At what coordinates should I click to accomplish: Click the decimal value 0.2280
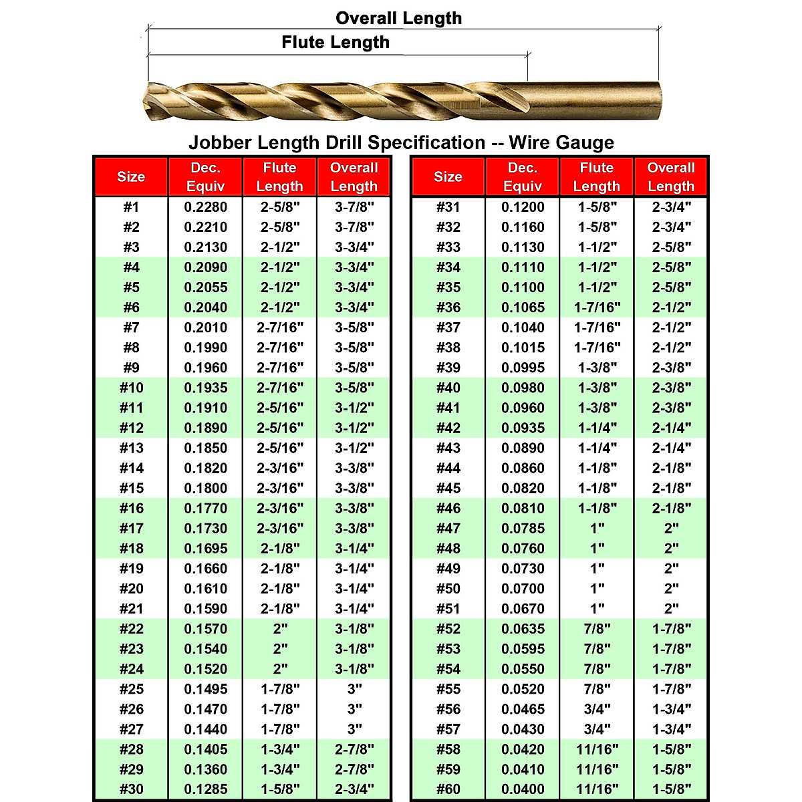click(x=205, y=207)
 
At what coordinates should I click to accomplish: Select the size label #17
click(x=131, y=529)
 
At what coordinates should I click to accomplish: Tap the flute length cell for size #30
click(x=280, y=789)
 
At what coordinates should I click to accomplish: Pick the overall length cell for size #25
click(x=354, y=689)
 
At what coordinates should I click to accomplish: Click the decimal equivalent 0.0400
click(x=523, y=789)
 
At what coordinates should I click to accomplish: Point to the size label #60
click(x=448, y=789)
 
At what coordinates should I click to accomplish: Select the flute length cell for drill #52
click(x=597, y=629)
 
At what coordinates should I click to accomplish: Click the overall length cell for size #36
click(x=671, y=307)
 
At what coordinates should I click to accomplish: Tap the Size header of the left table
click(x=131, y=177)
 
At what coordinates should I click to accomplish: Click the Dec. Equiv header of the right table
click(x=523, y=177)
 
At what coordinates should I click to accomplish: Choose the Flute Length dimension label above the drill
click(x=336, y=42)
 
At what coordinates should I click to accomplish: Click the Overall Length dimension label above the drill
click(x=398, y=18)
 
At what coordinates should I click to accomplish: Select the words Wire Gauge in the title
click(x=561, y=142)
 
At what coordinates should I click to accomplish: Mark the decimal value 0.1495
click(x=205, y=689)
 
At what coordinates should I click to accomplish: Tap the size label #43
click(x=448, y=448)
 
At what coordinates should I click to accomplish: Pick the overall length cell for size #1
click(x=354, y=207)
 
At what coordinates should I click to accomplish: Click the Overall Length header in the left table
click(x=354, y=177)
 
